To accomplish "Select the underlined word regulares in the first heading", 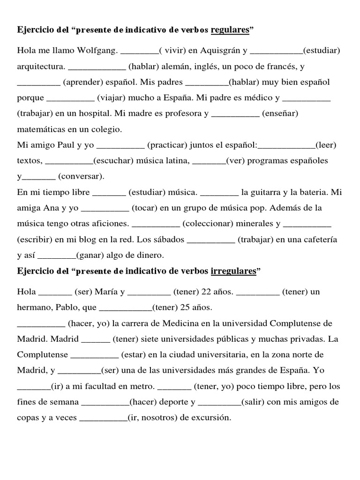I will click(230, 30).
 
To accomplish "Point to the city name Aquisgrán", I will click(216, 51).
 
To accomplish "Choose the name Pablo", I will click(65, 308).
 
